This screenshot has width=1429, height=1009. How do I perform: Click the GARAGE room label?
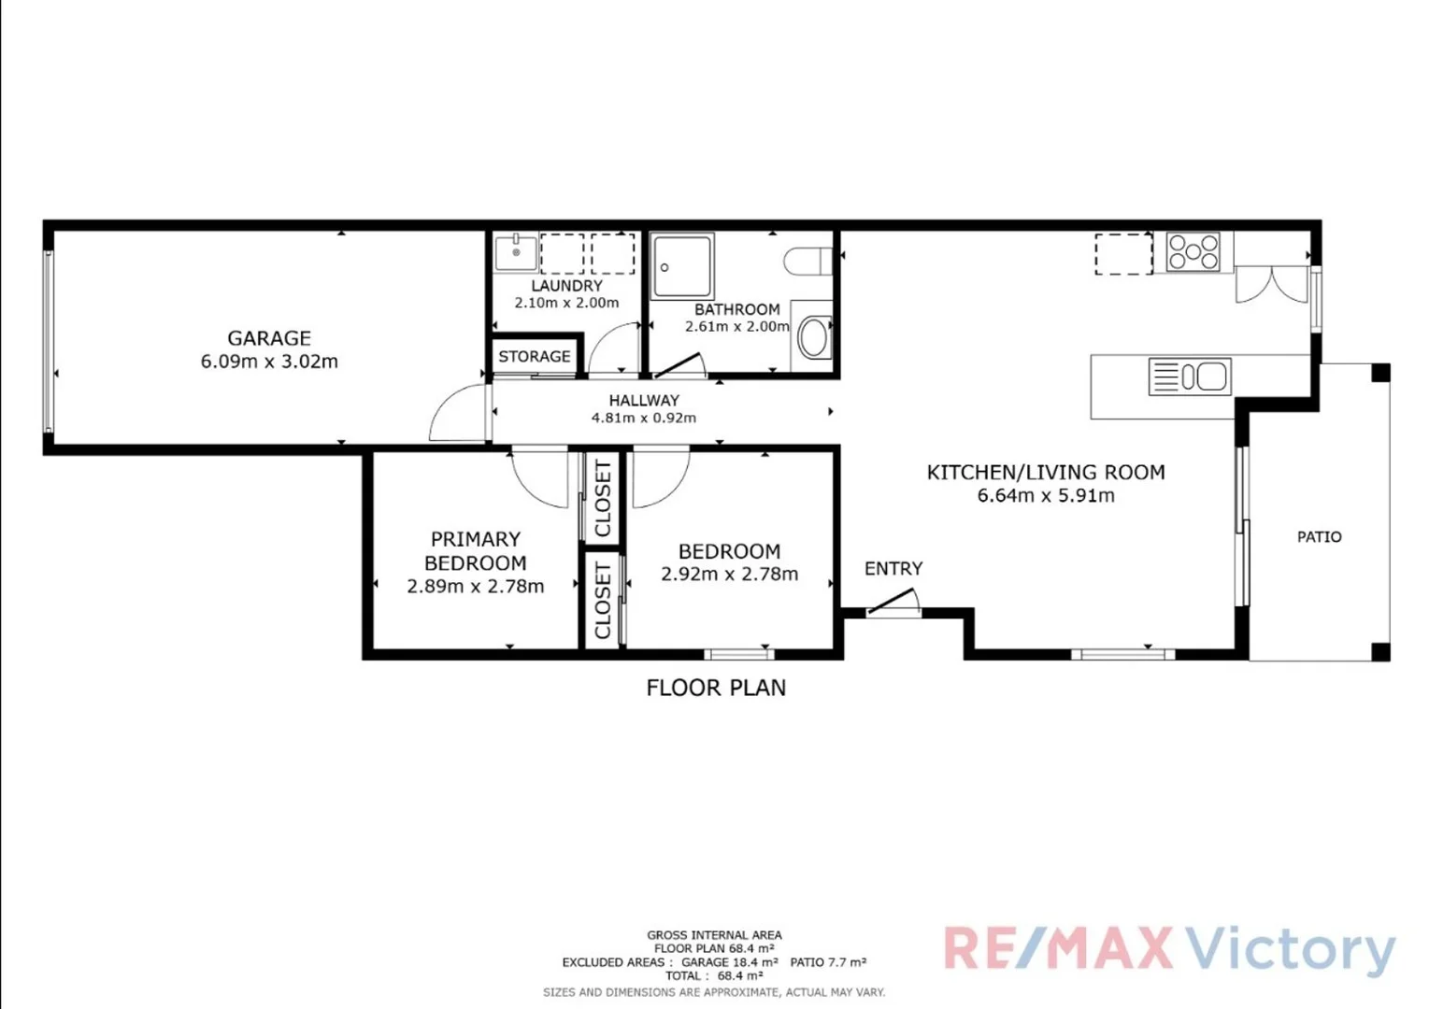pos(269,338)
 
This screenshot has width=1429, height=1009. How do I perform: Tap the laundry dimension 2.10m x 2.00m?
pos(566,303)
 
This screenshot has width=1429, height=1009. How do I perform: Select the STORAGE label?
pos(534,356)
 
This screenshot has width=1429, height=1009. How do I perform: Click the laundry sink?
pos(516,252)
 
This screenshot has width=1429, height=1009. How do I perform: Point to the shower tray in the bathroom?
pos(682,267)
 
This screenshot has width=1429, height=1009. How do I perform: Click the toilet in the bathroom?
pos(807,261)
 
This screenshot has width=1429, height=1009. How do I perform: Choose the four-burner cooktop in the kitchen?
pos(1193,252)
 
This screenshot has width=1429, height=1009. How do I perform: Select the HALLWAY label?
pos(644,400)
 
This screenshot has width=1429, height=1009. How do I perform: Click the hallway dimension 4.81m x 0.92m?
pos(644,418)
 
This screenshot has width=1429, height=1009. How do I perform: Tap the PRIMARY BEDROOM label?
pos(475,551)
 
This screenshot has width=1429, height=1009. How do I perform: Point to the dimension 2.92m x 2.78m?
pos(729,575)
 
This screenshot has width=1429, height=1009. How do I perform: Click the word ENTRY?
pos(893,568)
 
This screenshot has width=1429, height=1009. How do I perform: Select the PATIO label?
pos(1319,536)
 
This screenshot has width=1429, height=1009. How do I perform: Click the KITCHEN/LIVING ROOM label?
pos(1046,472)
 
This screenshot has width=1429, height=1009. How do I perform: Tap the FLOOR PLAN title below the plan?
pos(716,688)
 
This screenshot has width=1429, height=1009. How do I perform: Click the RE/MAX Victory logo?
pos(1168,950)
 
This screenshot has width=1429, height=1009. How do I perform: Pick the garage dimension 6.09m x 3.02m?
pos(269,362)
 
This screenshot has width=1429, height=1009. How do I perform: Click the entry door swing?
pos(895,603)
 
